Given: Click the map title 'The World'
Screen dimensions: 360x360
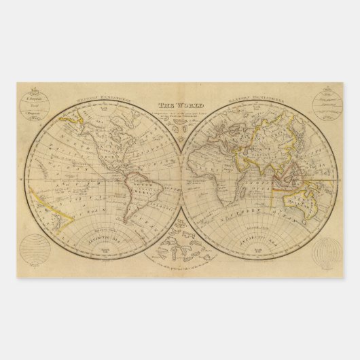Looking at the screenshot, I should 175,105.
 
